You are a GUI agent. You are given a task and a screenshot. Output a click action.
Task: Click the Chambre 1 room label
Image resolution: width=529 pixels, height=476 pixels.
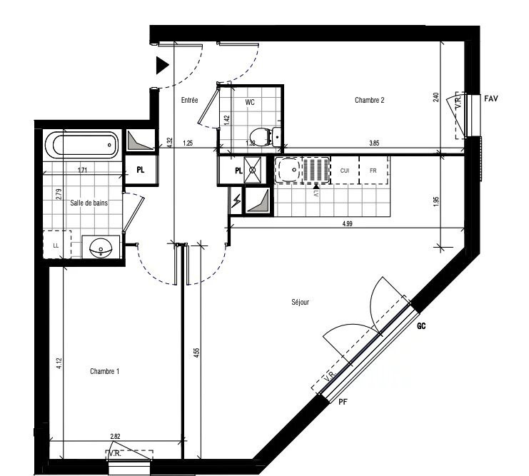[104, 371]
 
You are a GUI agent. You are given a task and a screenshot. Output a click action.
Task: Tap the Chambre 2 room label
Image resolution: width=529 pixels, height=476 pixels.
[370, 101]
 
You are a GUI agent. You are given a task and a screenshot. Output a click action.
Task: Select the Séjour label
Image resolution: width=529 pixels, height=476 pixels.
[300, 303]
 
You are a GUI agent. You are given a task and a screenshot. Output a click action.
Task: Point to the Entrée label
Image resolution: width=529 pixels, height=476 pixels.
[189, 101]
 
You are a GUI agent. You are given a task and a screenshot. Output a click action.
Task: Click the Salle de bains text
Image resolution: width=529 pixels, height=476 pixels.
[88, 203]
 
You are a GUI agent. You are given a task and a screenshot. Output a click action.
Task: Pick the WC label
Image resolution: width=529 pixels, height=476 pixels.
[250, 102]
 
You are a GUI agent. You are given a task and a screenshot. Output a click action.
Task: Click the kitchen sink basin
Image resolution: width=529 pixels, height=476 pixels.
[288, 171]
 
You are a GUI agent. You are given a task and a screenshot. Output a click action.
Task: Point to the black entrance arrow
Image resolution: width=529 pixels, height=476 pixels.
[162, 66]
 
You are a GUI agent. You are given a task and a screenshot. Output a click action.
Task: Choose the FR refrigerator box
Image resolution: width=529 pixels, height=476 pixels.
[373, 171]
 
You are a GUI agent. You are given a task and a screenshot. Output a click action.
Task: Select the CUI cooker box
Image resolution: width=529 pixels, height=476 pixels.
[344, 171]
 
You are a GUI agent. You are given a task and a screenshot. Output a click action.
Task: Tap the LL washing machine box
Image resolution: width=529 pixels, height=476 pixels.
[56, 245]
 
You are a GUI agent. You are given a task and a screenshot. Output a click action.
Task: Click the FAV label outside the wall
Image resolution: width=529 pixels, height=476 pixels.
[490, 98]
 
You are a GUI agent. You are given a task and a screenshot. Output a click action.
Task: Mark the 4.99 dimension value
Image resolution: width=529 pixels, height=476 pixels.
[347, 224]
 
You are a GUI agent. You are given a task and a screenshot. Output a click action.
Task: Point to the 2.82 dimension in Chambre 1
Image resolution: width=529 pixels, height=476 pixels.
[115, 435]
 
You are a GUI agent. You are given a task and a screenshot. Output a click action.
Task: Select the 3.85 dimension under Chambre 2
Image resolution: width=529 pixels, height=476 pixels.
[373, 143]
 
